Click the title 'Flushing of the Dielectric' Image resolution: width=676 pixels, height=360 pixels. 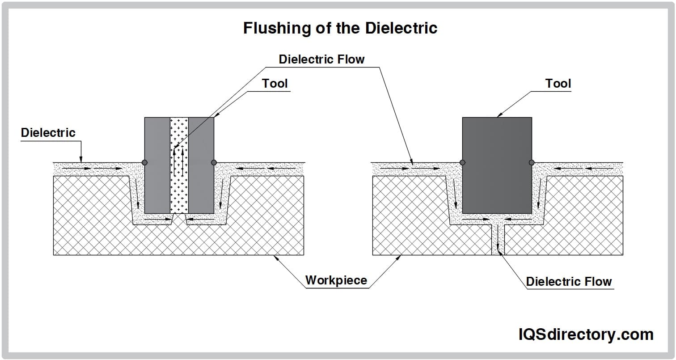click(x=340, y=28)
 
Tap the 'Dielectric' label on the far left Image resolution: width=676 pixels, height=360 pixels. click(x=48, y=133)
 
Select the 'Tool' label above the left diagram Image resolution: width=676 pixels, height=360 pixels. click(x=275, y=84)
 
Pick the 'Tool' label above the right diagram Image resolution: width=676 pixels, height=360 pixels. click(x=558, y=84)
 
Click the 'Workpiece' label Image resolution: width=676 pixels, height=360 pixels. click(x=336, y=280)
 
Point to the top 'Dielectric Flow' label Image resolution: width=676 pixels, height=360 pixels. click(x=321, y=59)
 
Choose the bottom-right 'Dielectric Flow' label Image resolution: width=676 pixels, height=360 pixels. click(x=569, y=282)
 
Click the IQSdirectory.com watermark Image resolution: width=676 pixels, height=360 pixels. click(x=586, y=334)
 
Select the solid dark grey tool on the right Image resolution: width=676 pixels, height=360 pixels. click(x=497, y=165)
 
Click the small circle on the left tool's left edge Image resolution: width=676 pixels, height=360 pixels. click(x=144, y=162)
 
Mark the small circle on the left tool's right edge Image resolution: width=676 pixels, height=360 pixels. click(x=214, y=162)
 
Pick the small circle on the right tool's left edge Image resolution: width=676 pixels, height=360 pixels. click(x=462, y=162)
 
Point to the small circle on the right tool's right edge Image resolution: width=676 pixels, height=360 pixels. click(x=532, y=162)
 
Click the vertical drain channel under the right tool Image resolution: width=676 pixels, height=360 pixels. click(x=497, y=239)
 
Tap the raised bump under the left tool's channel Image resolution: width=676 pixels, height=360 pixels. click(x=179, y=219)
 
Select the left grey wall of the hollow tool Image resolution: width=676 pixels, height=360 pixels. click(x=157, y=165)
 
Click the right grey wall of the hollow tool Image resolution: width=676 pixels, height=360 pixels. click(x=201, y=165)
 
